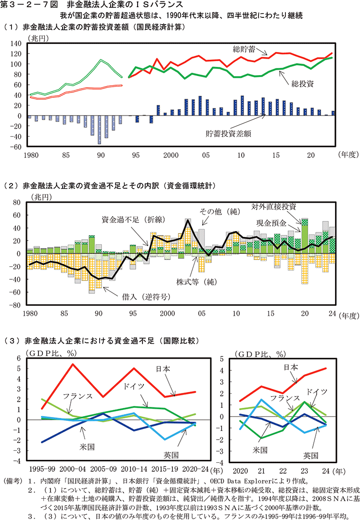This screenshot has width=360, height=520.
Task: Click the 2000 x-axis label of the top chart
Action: click(x=171, y=156)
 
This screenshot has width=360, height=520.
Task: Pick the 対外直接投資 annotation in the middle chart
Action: click(x=273, y=206)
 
